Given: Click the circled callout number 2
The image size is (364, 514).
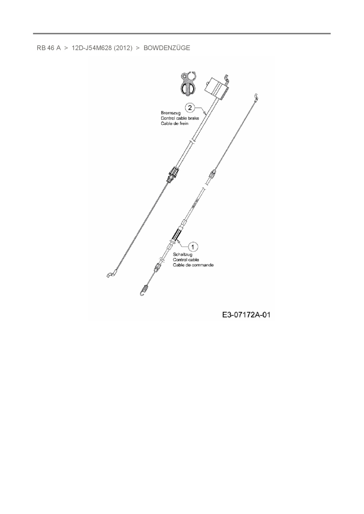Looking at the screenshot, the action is pos(190,108).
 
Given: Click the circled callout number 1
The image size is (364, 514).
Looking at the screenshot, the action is pos(193,247).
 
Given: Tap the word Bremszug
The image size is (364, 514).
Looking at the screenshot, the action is pos(171,113).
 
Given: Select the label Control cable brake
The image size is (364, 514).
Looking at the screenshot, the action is pos(180,118).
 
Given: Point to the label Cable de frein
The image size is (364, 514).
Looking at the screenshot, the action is pos(174,123).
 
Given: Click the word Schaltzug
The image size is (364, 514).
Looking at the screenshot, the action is pos(183,254).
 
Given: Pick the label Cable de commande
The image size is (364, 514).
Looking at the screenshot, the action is pos(193,265).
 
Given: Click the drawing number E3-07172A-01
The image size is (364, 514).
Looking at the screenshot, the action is pos(246,315).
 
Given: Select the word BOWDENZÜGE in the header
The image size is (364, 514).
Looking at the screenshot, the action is pos(167,48).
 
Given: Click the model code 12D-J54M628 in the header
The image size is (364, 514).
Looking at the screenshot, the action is pos(92,48).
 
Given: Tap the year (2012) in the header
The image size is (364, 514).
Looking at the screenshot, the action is pos(123,48).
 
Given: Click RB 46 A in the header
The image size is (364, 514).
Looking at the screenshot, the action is pos(49,48).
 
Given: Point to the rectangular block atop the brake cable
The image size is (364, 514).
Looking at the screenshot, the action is pos(217,88).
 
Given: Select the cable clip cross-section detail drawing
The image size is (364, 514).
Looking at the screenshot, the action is pos(188,83).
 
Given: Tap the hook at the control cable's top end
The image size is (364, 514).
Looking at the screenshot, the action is pos(257,97).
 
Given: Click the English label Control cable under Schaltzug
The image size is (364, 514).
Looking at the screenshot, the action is pos(186,260).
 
